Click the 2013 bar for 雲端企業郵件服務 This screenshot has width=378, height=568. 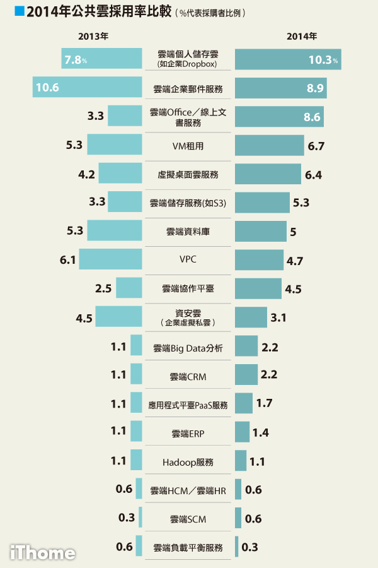[88, 87]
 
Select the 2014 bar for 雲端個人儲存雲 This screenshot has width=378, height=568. [287, 59]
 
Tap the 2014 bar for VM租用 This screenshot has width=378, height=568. [270, 145]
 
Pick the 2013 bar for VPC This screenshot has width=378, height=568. [110, 259]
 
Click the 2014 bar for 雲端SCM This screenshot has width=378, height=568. [238, 518]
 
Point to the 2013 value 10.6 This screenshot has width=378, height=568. [47, 87]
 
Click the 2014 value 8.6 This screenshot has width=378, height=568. [312, 117]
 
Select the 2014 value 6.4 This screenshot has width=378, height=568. [313, 174]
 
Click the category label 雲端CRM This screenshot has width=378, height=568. [188, 377]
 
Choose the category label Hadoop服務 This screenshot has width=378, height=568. [188, 462]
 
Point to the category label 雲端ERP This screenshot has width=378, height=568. [188, 434]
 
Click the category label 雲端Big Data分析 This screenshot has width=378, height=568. [188, 348]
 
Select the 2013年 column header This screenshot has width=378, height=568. [93, 36]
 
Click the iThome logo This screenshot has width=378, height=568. [42, 553]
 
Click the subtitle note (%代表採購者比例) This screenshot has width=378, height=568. [211, 13]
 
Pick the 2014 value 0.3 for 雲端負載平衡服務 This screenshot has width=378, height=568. [250, 547]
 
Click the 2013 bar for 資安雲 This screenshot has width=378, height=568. [118, 316]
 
